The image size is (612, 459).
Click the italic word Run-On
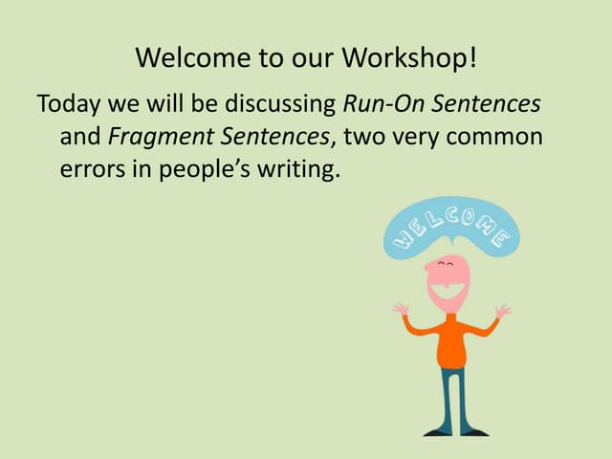pos(379,102)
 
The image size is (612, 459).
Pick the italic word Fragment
pos(154,138)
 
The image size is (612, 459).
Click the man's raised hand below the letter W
pos(401,309)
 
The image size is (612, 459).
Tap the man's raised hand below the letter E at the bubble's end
pos(503,311)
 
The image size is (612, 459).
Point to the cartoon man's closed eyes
pos(446,263)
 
